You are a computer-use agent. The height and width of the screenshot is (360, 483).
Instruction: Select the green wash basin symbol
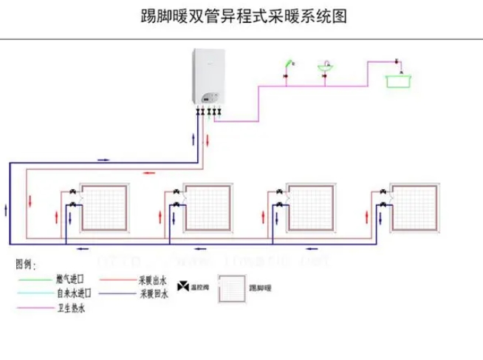click(x=324, y=68)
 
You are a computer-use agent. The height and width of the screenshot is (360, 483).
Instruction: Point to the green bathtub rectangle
click(x=399, y=79)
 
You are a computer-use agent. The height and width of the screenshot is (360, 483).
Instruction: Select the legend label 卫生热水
click(x=71, y=308)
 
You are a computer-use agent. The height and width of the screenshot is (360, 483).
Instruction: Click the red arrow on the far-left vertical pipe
click(x=30, y=200)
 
